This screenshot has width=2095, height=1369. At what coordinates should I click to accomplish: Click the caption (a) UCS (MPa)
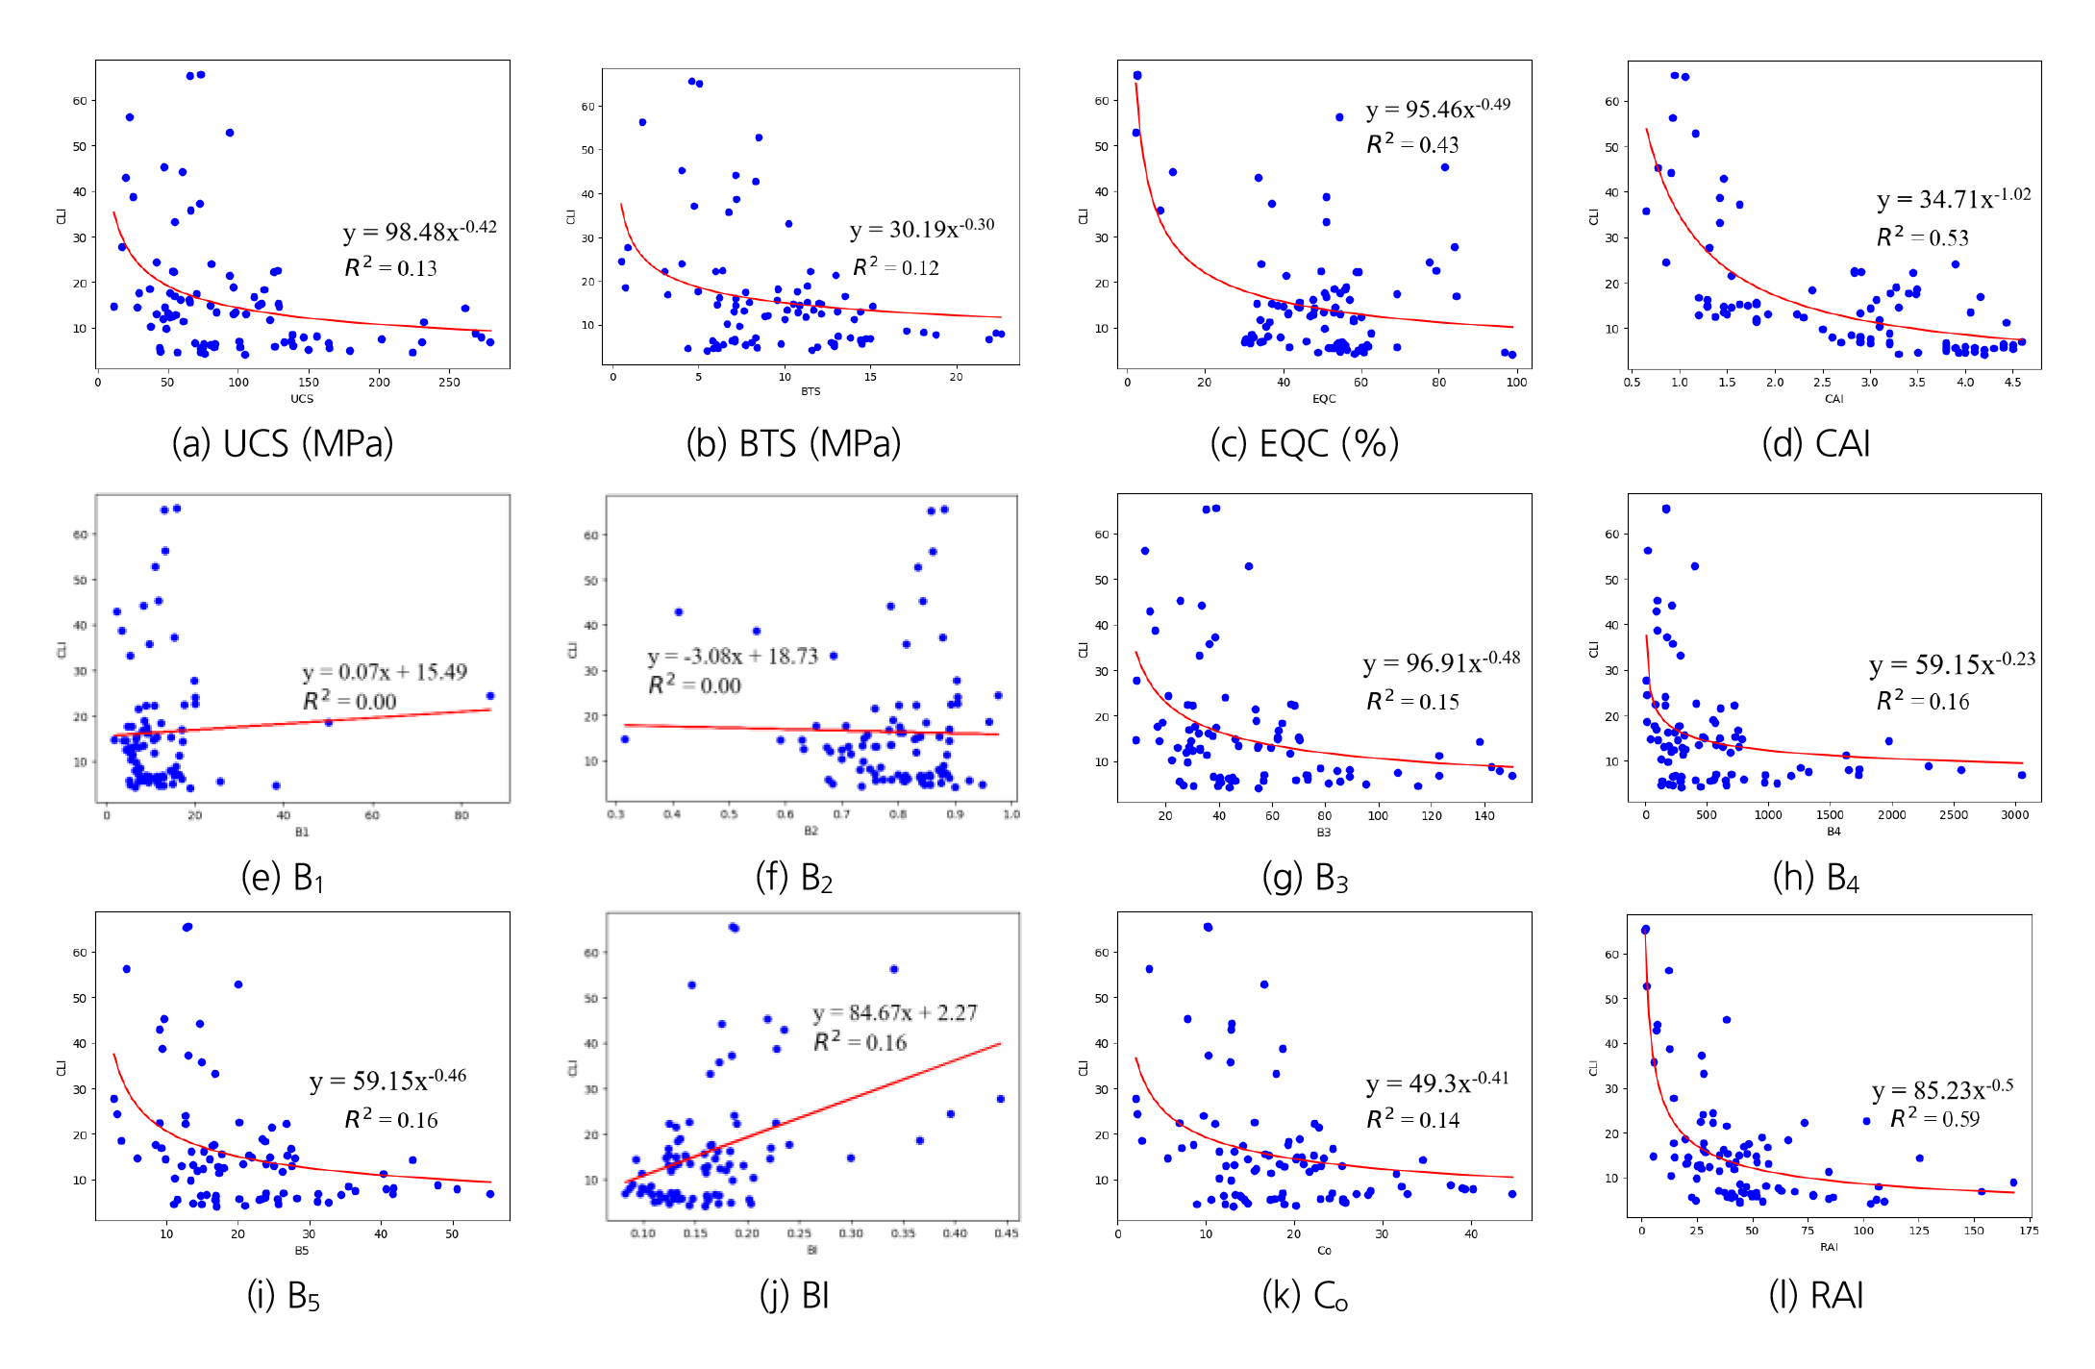[283, 444]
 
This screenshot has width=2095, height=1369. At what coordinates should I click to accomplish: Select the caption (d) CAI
[1815, 444]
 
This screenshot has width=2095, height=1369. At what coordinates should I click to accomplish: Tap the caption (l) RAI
[1815, 1296]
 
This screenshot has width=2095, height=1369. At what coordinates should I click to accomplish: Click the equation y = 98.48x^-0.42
[419, 232]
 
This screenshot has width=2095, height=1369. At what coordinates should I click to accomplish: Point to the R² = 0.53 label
[1922, 237]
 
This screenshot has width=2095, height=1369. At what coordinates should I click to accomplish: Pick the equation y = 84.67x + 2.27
[894, 1013]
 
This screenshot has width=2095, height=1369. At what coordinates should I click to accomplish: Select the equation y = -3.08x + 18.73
[733, 657]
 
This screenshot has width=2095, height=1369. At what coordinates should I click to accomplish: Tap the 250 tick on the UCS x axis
[449, 383]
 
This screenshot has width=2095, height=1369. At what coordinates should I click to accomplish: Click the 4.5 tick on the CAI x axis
[2012, 383]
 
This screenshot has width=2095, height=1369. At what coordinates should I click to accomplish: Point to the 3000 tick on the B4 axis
[2014, 815]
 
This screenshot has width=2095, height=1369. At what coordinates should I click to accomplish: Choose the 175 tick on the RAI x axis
[2029, 1231]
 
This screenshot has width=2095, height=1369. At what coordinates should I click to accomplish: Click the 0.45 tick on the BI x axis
[1006, 1233]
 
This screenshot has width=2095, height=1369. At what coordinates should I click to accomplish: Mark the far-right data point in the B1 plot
[490, 696]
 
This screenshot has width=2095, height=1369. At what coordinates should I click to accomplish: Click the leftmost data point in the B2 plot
[625, 739]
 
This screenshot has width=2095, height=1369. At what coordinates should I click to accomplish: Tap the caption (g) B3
[1305, 878]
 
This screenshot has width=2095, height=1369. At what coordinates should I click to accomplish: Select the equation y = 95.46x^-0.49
[1437, 110]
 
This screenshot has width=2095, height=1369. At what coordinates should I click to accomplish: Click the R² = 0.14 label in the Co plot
[1412, 1120]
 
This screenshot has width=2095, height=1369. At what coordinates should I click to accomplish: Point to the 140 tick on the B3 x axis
[1484, 816]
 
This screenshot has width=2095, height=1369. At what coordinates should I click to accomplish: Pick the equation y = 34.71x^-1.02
[1954, 199]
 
